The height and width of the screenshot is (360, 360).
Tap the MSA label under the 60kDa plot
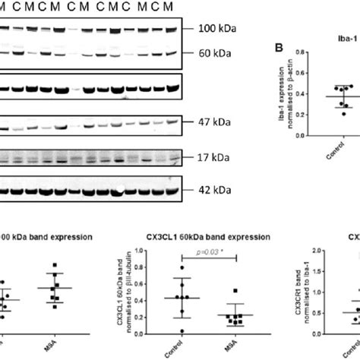238,348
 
